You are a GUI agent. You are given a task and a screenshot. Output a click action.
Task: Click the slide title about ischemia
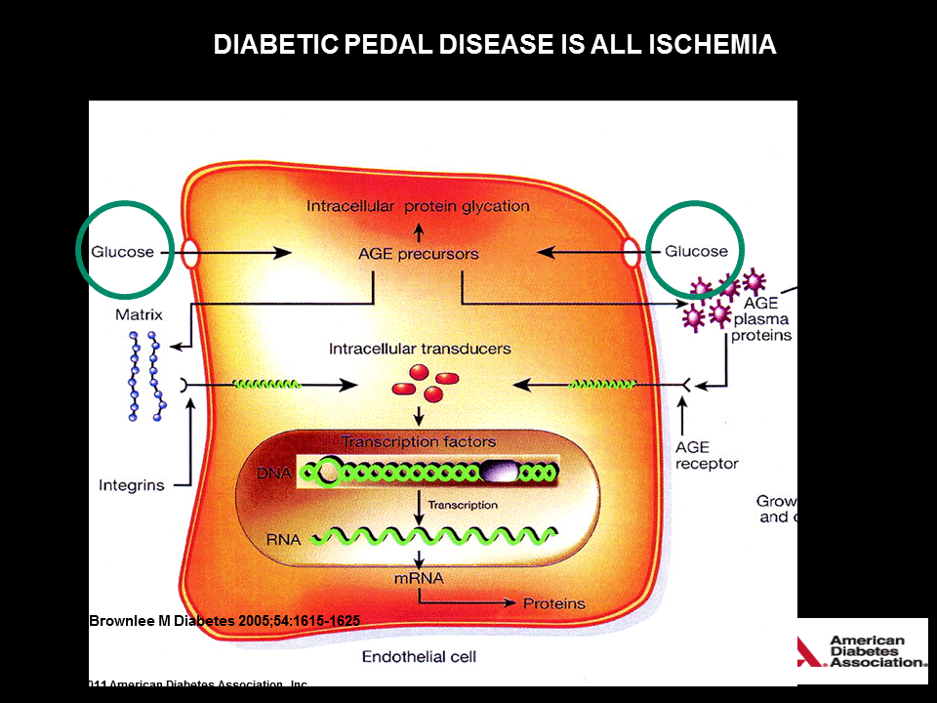tap(495, 45)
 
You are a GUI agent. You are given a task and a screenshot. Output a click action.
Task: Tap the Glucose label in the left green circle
tap(123, 251)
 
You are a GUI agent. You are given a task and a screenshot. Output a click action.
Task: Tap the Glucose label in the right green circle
tap(696, 251)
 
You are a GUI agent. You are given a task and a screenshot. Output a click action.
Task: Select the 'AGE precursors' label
tap(419, 253)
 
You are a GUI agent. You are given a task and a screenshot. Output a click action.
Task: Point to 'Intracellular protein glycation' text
tap(418, 206)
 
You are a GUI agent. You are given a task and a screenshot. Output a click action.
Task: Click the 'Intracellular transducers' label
tap(420, 348)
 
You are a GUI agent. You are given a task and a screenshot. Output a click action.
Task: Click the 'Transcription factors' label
tap(419, 441)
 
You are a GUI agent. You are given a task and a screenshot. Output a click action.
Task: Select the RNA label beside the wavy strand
tap(282, 537)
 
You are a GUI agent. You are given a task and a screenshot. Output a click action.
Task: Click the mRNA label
tap(418, 578)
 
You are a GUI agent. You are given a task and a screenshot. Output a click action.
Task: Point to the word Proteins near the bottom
tap(553, 603)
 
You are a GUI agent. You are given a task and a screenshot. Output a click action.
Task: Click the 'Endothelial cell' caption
tap(419, 656)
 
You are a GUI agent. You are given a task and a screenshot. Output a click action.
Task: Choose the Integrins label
tap(131, 484)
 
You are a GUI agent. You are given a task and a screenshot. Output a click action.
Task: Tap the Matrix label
tap(138, 314)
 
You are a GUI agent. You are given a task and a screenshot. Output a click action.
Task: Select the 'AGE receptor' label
tap(707, 455)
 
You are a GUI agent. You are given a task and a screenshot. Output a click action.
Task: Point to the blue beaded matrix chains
tap(143, 376)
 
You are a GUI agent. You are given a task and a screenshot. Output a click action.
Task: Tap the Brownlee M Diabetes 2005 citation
tap(224, 620)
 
